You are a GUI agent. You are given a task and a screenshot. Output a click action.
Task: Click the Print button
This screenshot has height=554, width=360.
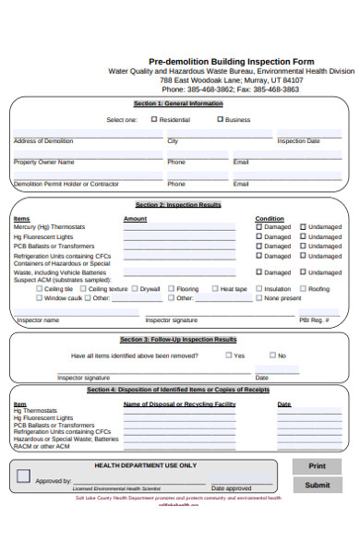tap(317, 466)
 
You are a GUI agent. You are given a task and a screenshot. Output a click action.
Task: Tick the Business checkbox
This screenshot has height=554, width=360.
tap(220, 119)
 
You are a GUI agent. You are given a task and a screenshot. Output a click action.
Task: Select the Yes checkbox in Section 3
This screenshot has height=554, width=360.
tap(228, 355)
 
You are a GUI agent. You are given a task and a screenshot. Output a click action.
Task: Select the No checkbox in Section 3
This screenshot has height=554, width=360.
tap(271, 355)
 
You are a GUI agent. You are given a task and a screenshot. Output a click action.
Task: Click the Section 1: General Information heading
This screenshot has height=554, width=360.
tap(178, 103)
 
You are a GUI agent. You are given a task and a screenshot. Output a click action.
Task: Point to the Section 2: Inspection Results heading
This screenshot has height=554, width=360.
tap(178, 204)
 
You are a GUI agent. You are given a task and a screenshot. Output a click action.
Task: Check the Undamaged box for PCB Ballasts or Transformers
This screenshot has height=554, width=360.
tap(302, 247)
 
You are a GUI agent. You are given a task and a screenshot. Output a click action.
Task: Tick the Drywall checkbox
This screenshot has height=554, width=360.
tap(133, 289)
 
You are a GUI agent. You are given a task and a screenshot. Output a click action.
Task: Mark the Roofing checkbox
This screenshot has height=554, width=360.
tap(302, 289)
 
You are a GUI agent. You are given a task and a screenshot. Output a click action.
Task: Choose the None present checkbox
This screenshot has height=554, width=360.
tap(258, 298)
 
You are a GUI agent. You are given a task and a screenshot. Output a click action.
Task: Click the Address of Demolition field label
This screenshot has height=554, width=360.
tap(42, 141)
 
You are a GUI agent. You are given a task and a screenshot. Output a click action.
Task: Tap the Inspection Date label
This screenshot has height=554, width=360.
tap(298, 141)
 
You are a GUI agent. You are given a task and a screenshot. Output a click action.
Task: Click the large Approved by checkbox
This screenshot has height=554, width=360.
tap(24, 476)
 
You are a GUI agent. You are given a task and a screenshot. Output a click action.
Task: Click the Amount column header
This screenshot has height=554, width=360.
tap(135, 219)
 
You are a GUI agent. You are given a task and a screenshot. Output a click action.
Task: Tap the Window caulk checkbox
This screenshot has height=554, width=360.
tap(38, 298)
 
